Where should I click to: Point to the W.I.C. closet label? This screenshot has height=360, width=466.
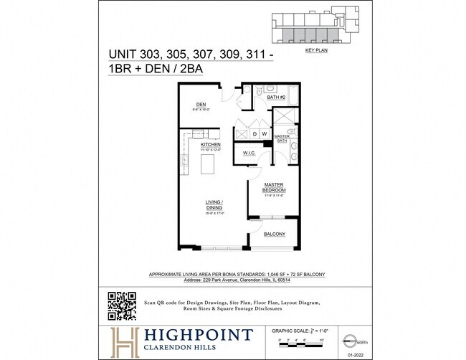point(249,153)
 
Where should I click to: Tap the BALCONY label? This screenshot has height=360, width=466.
point(274,235)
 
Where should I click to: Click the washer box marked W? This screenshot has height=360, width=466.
point(263,134)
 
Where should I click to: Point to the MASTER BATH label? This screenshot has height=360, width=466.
point(281,138)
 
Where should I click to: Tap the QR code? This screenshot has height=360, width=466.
point(121,306)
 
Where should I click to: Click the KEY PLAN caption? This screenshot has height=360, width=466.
point(315,52)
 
